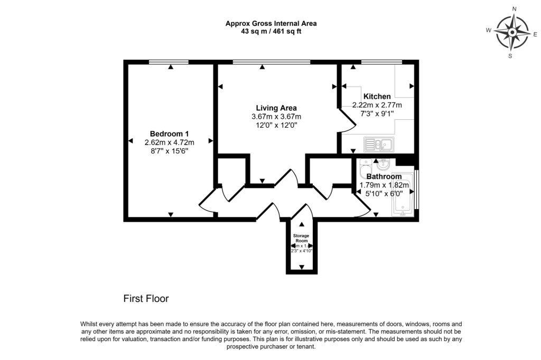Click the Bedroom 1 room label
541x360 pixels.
169,134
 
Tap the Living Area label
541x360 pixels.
276,108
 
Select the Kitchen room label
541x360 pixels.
377,97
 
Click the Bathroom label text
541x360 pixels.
384,176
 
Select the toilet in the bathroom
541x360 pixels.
365,174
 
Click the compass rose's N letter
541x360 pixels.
514,9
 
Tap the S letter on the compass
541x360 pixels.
510,55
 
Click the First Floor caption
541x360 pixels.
146,299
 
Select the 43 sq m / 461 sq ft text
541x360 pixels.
271,31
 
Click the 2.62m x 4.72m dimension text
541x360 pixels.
169,143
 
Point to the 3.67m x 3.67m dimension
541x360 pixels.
276,117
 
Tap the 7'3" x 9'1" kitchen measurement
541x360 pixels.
377,113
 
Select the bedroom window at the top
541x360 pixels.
169,62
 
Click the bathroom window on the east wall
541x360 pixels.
417,189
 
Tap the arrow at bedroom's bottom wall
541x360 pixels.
171,214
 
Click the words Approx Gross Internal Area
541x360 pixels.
271,23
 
